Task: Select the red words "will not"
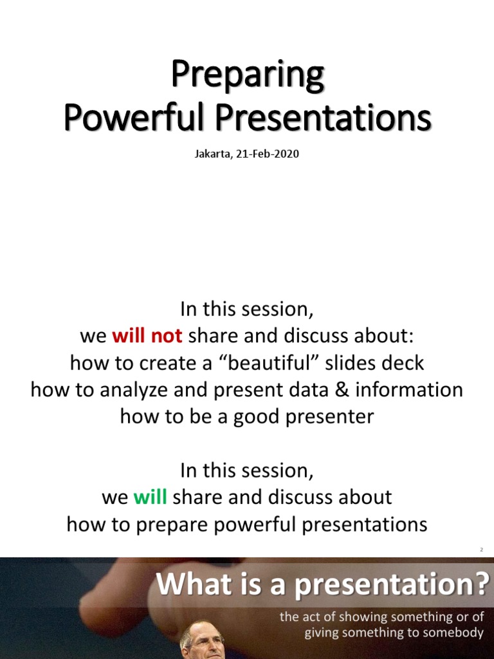pos(147,336)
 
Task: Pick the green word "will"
pos(150,497)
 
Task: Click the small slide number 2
pos(480,550)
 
